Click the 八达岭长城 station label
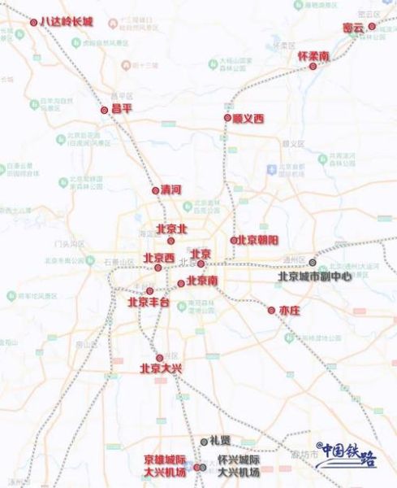point(67,22)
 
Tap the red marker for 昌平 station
point(104,110)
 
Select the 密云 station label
point(353,27)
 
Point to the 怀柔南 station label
point(313,56)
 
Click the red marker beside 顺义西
point(228,118)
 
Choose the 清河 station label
point(170,190)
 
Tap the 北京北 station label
point(170,229)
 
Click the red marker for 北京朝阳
point(234,240)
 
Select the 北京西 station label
point(159,258)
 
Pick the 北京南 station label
point(202,281)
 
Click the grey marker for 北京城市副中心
point(313,262)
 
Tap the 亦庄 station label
point(290,311)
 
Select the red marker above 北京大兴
point(160,358)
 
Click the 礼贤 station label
point(220,440)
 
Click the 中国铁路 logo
point(347,455)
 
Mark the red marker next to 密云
point(372,26)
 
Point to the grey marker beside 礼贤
point(205,441)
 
